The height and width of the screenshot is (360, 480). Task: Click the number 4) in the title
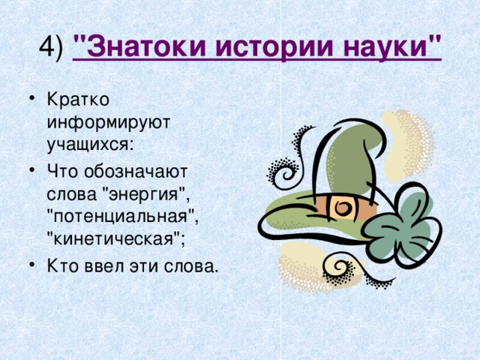pyautogui.click(x=51, y=47)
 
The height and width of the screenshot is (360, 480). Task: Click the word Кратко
pyautogui.click(x=78, y=99)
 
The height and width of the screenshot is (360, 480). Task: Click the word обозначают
pyautogui.click(x=136, y=172)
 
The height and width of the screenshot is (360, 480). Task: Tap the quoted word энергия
pyautogui.click(x=145, y=195)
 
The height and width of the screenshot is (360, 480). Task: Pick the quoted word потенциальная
pyautogui.click(x=121, y=217)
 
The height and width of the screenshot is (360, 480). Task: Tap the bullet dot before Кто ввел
pyautogui.click(x=31, y=265)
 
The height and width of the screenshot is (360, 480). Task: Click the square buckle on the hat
pyautogui.click(x=342, y=208)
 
